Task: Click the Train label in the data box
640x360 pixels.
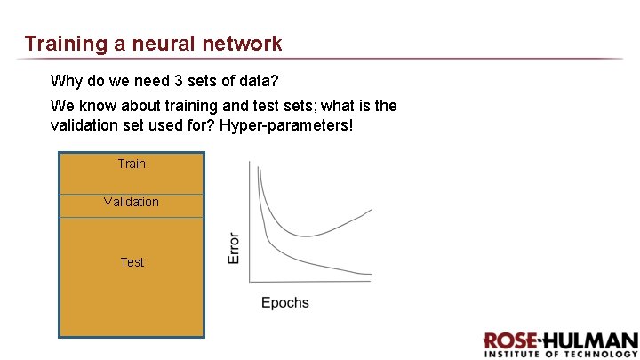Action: [x=132, y=164]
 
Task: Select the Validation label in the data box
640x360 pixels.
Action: [x=132, y=202]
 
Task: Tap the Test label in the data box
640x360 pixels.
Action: [x=132, y=262]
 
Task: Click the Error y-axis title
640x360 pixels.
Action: [x=235, y=248]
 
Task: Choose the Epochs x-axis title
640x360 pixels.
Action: [x=285, y=302]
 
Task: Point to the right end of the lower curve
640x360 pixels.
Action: [x=372, y=274]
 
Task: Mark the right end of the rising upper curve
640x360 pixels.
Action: [x=372, y=210]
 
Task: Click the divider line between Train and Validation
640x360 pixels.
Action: [x=132, y=194]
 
